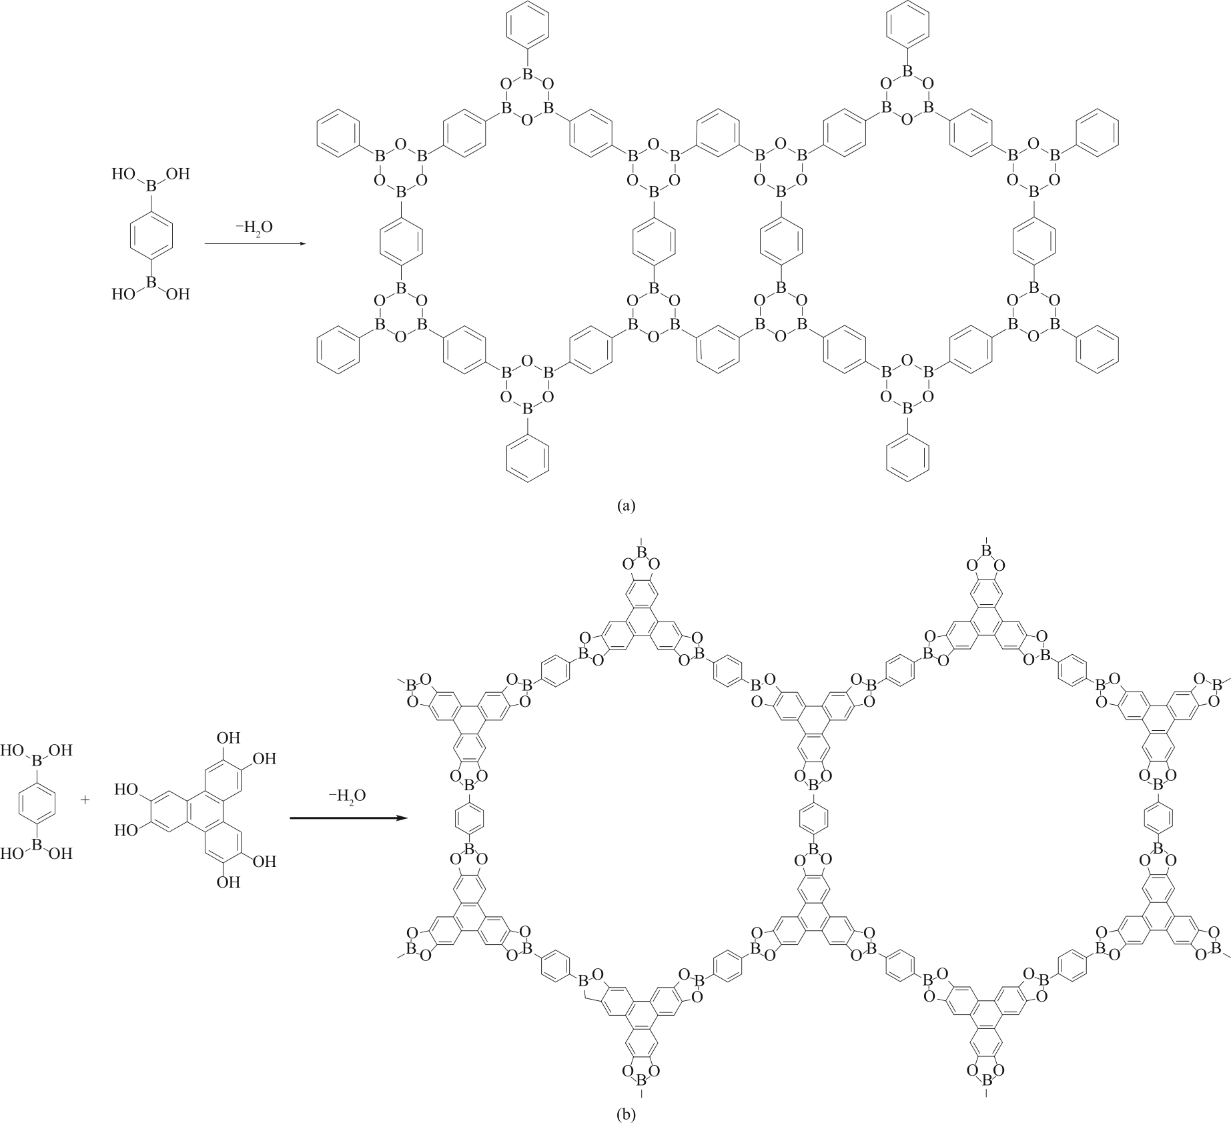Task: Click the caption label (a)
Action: tap(627, 505)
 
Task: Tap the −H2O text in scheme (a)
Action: tap(254, 227)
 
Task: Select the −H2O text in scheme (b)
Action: tap(347, 796)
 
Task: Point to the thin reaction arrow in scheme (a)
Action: tap(254, 244)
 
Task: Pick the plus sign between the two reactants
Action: tap(85, 799)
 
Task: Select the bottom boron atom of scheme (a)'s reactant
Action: tap(151, 285)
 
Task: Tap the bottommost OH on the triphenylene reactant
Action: tap(228, 882)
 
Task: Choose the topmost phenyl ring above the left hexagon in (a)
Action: tap(528, 24)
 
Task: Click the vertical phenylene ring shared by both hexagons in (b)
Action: tap(813, 816)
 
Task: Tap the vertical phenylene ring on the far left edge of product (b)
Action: tap(468, 816)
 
